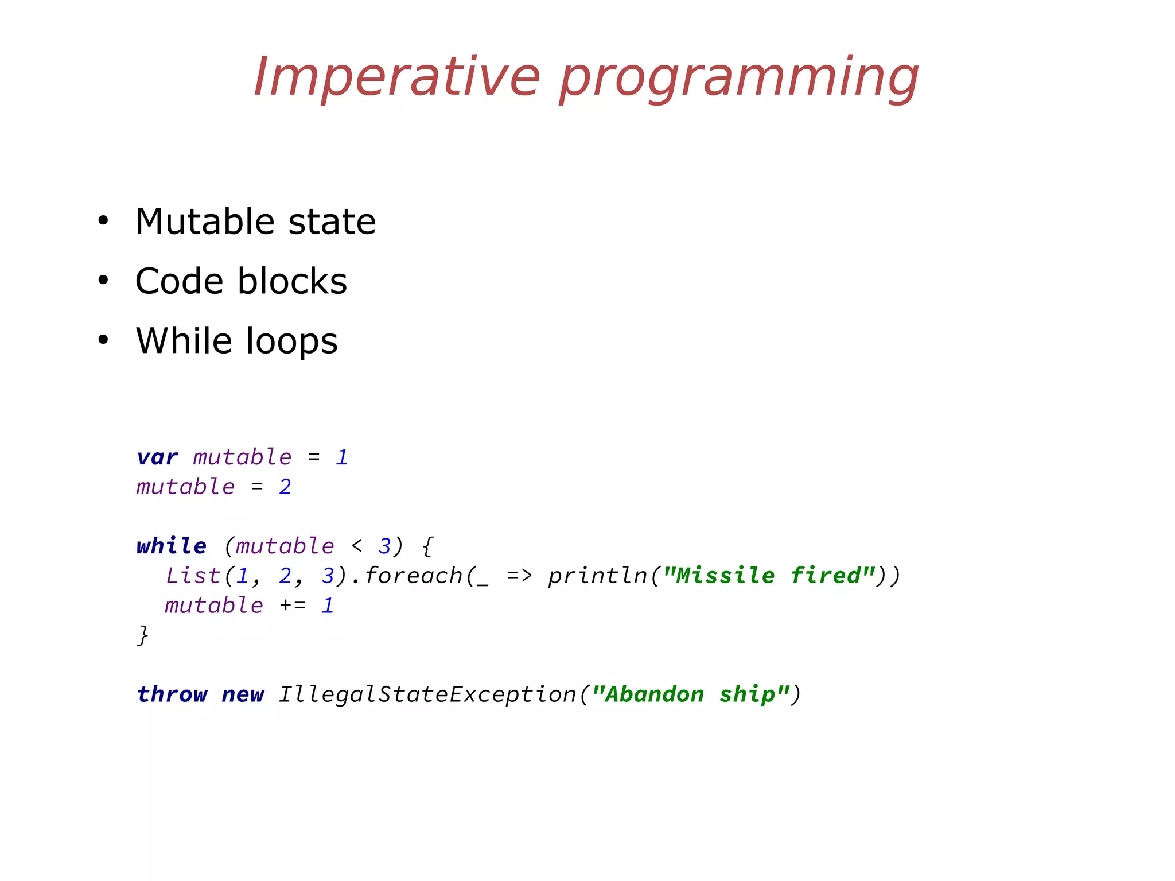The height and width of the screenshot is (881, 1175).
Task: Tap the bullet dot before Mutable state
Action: coord(103,221)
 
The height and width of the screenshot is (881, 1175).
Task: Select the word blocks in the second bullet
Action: coord(293,281)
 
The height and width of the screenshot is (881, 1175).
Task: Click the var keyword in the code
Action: coord(157,457)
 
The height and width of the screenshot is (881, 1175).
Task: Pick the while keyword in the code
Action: coord(172,546)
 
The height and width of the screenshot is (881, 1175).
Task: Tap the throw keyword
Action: coord(172,694)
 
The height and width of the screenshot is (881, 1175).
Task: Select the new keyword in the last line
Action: coord(243,694)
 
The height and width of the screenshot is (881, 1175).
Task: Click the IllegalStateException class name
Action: coord(427,694)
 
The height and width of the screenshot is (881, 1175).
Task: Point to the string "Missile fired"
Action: coord(769,575)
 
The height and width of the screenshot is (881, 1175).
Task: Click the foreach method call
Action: coord(414,576)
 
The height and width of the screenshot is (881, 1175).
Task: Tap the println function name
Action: coord(597,576)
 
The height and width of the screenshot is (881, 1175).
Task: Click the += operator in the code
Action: coord(293,606)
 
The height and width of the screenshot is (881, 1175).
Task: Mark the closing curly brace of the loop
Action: coord(143,635)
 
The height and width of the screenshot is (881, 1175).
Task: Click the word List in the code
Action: coord(193,576)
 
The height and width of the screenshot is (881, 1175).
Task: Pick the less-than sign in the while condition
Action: coord(356,546)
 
